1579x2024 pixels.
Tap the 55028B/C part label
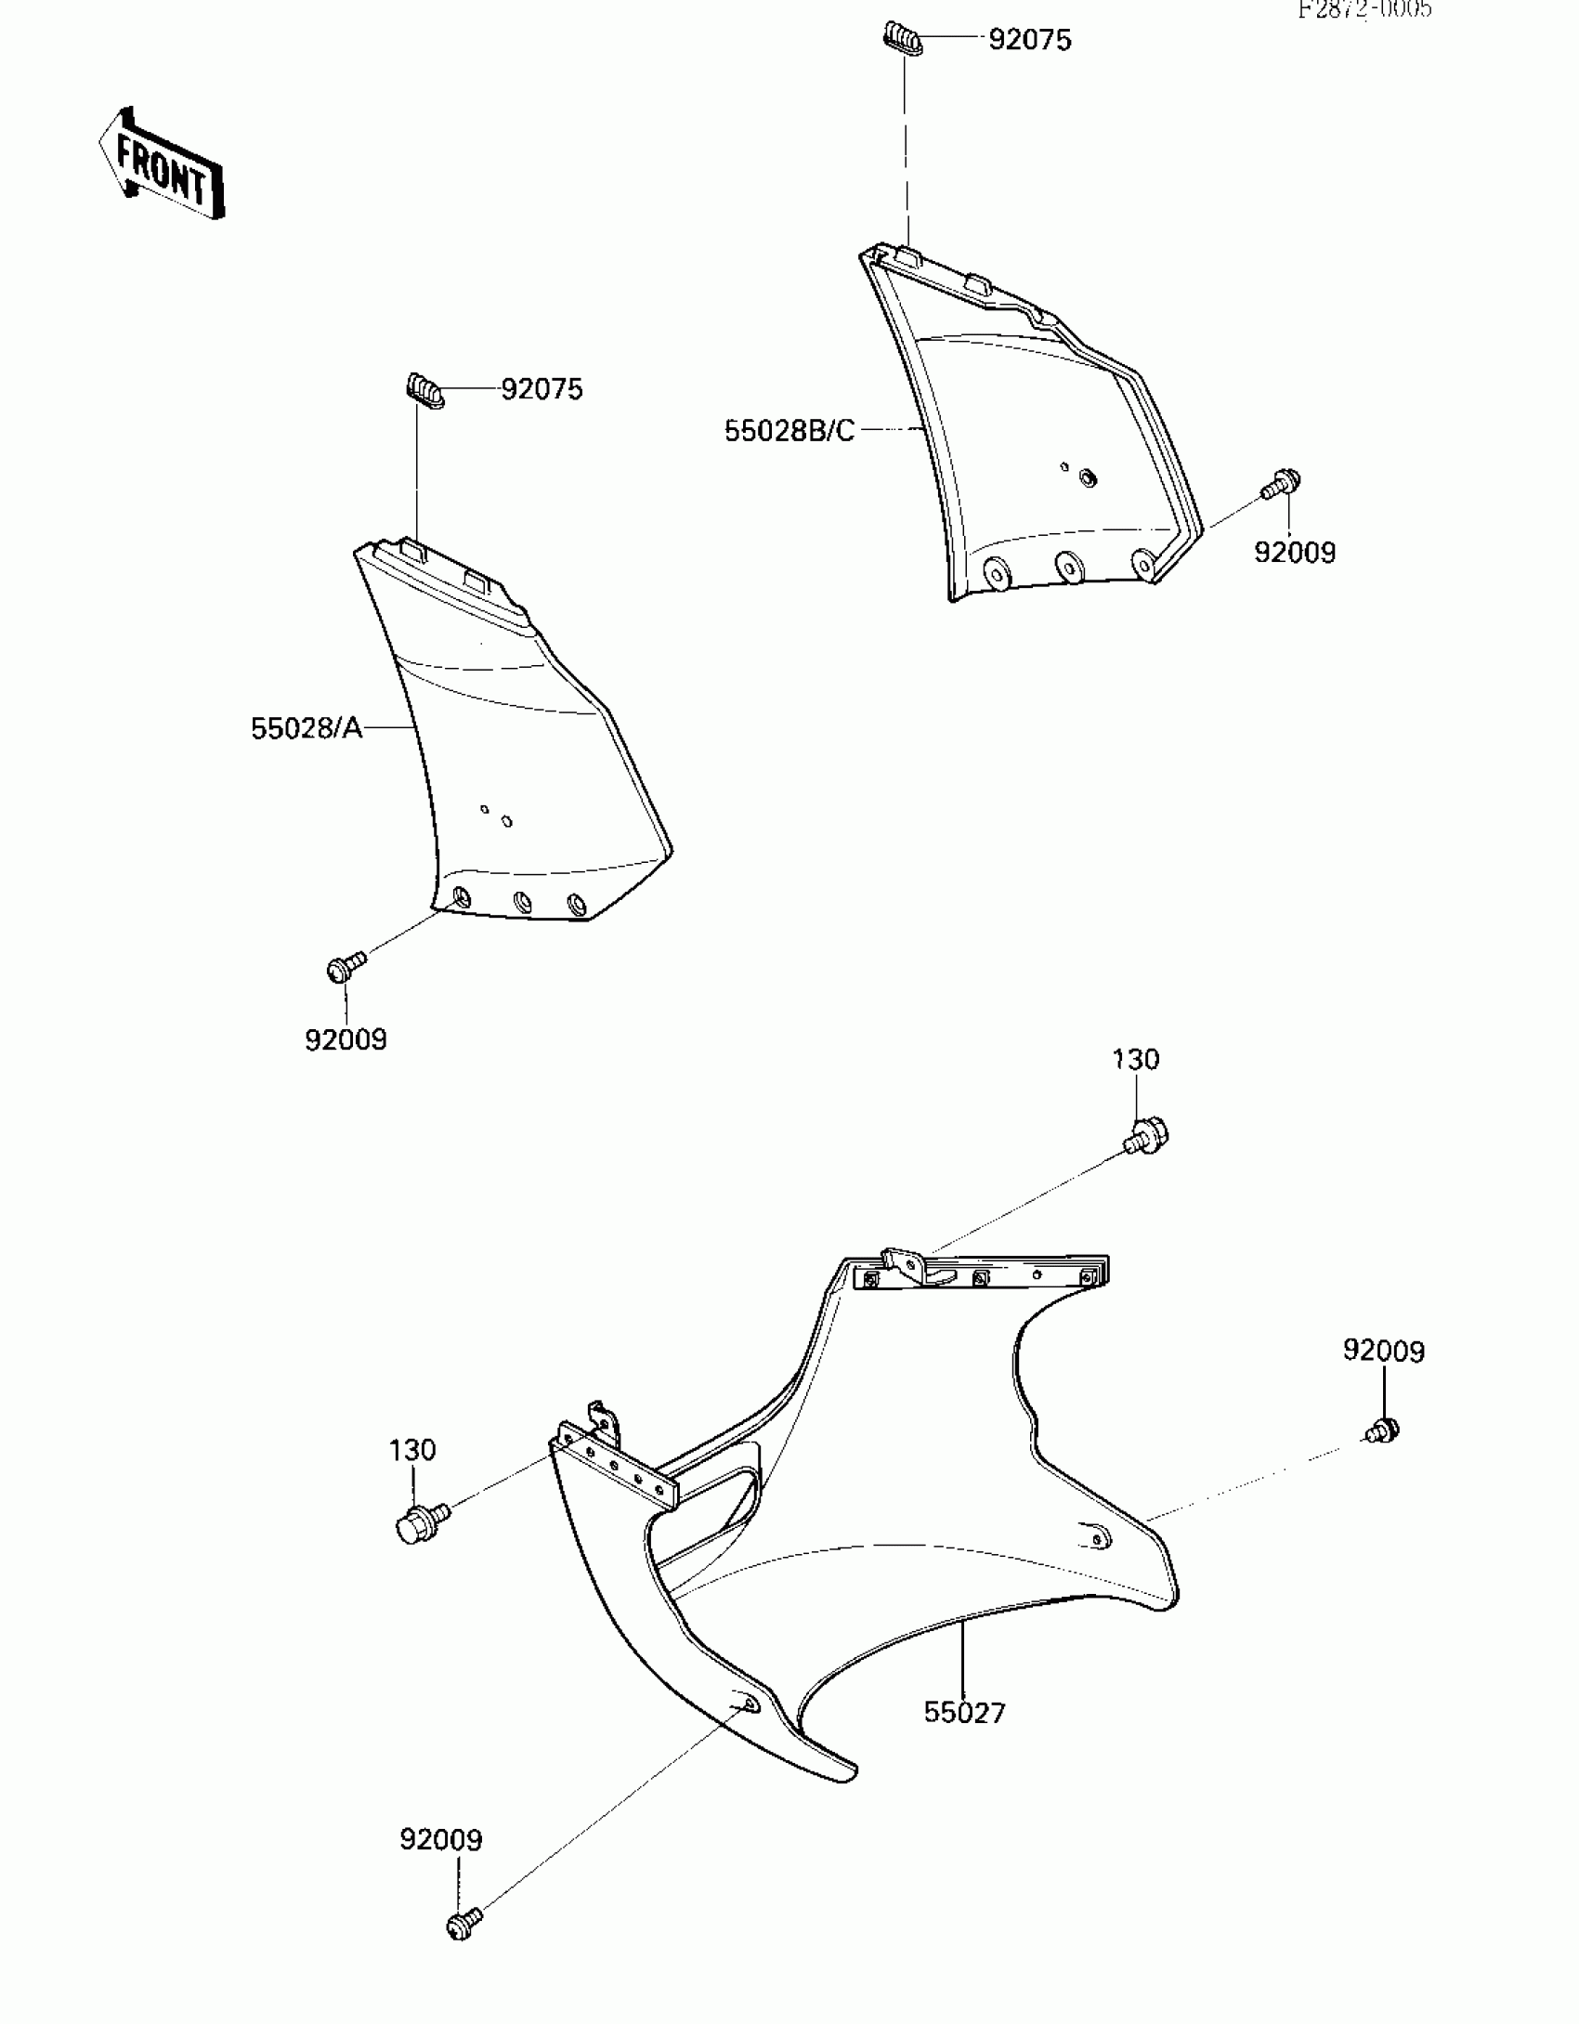tap(789, 431)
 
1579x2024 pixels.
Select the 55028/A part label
tap(306, 728)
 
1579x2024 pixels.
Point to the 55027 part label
tap(964, 1713)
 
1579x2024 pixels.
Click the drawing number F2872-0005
tap(1364, 9)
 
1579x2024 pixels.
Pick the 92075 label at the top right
tap(1029, 40)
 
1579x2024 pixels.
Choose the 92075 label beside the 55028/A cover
tap(542, 389)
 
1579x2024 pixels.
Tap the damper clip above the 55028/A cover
tap(424, 389)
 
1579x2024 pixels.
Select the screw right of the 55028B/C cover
tap(1283, 484)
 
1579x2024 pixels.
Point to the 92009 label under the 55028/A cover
tap(346, 1039)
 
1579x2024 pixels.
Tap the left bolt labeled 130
tap(418, 1523)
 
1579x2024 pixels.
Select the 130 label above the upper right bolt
tap(1135, 1060)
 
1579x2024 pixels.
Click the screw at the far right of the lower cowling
tap(1384, 1430)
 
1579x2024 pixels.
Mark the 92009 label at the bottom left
tap(441, 1840)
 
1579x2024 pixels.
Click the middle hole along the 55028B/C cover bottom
tap(1068, 567)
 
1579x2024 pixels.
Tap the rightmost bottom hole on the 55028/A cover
tap(577, 904)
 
